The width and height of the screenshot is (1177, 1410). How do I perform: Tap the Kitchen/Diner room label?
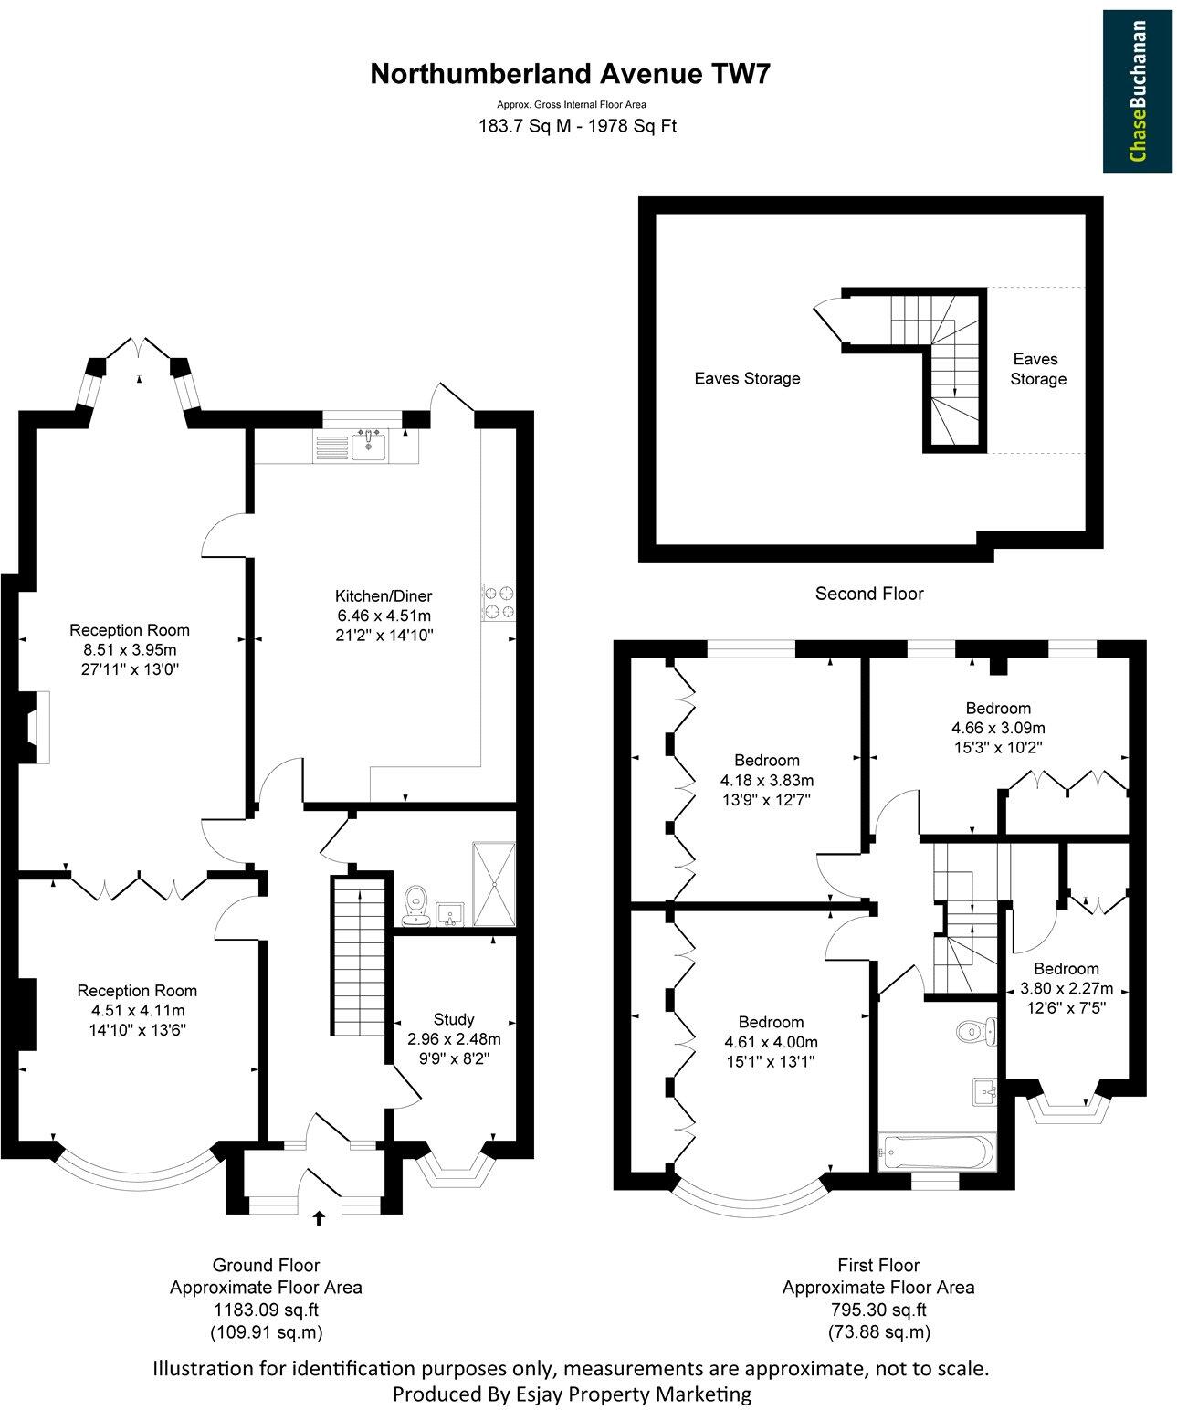click(383, 596)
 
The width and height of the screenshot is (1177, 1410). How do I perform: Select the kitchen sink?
click(369, 444)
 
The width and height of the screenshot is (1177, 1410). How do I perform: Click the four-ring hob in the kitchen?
click(498, 603)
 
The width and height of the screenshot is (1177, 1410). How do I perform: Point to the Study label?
click(454, 1019)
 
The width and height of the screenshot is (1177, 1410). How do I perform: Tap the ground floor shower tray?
click(494, 884)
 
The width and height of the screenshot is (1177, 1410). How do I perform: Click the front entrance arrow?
click(319, 1217)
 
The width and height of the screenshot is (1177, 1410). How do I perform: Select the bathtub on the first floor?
click(933, 1152)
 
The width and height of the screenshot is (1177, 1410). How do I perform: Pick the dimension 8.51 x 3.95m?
click(130, 649)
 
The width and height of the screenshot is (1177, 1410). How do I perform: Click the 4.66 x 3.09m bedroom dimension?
click(998, 728)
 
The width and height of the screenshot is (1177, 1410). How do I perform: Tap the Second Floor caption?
click(868, 594)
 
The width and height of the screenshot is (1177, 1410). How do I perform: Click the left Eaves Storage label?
click(747, 378)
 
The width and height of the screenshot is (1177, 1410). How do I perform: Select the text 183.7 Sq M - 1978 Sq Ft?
click(577, 126)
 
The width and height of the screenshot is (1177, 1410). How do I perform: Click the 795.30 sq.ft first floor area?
click(877, 1308)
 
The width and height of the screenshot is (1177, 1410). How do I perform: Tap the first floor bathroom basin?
click(984, 1089)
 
